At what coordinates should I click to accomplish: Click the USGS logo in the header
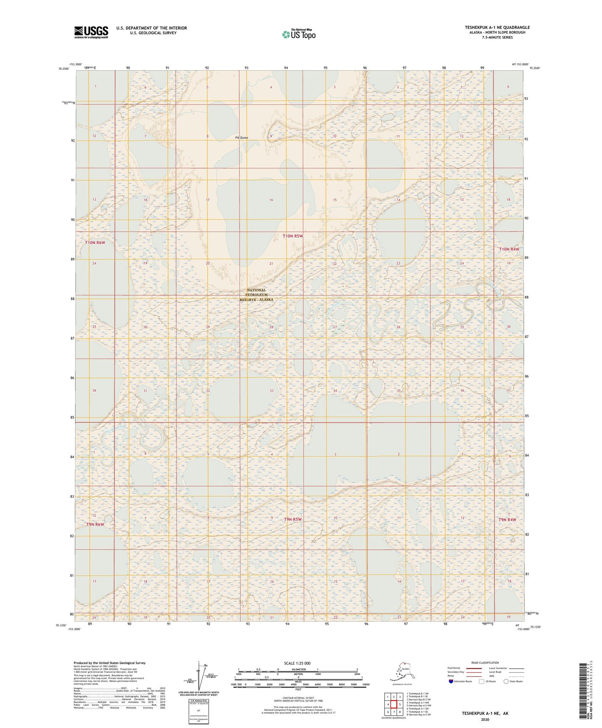91,32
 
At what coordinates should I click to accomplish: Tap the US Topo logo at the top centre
299,34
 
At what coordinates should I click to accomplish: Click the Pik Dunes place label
242,138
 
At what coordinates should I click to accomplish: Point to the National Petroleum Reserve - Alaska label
256,295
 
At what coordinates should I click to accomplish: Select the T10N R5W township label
293,236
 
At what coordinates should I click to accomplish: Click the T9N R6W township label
95,524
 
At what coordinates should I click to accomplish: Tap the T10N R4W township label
509,249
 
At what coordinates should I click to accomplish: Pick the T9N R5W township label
293,520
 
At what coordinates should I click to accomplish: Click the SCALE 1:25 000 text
297,663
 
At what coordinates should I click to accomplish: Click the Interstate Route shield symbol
451,681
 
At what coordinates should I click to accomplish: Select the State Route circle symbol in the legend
506,681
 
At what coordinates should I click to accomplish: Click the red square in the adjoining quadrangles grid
394,704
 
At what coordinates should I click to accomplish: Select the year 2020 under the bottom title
484,720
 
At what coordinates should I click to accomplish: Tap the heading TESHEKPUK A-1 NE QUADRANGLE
497,27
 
